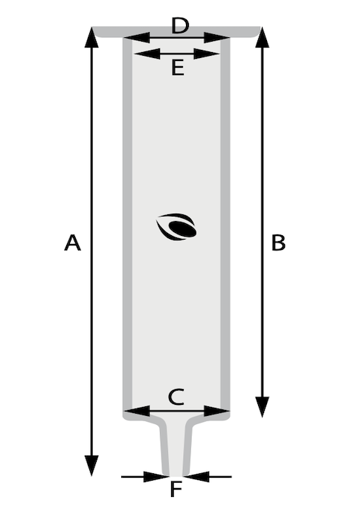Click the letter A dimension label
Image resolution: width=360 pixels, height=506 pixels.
(x=73, y=243)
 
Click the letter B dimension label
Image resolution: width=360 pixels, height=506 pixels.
(x=278, y=243)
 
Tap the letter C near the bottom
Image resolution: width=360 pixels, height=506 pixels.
(x=176, y=397)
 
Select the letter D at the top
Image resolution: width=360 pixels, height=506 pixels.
(x=180, y=25)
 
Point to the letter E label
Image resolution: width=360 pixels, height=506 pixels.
(x=178, y=68)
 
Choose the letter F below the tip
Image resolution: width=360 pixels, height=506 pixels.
(x=176, y=489)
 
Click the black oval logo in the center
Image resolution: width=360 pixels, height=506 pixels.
(x=176, y=227)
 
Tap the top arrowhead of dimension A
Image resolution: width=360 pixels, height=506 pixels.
(x=91, y=37)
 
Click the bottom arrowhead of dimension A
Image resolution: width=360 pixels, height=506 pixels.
(x=91, y=466)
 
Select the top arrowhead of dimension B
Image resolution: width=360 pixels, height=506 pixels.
(x=262, y=37)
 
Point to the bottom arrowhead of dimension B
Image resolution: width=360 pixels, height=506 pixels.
(x=262, y=407)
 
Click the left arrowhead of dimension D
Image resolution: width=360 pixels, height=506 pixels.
(x=137, y=38)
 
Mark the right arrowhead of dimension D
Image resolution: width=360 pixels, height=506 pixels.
(x=216, y=38)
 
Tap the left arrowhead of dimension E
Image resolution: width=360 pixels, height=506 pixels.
(x=147, y=54)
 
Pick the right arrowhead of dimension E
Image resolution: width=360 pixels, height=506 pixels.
(x=207, y=54)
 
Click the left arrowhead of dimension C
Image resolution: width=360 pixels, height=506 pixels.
(x=137, y=411)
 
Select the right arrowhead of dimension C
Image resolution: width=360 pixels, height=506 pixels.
(x=216, y=411)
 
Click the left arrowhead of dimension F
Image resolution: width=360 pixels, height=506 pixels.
(x=155, y=476)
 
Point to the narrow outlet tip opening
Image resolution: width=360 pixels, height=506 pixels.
(x=176, y=475)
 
